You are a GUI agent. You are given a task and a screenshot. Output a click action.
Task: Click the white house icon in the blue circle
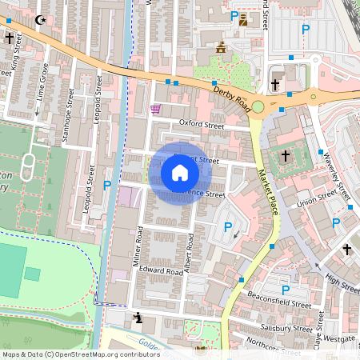tap(180, 173)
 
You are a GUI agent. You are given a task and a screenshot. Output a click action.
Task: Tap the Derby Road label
tap(233, 97)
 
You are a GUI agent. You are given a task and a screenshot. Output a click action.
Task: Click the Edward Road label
tap(156, 270)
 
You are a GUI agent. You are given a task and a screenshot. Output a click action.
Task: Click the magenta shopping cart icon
tap(155, 108)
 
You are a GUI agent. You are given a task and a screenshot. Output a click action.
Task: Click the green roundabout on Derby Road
tap(313, 98)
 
